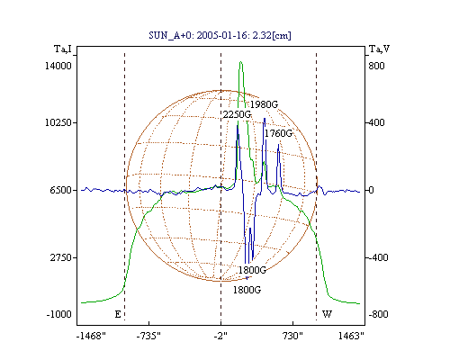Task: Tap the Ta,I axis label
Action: (63, 49)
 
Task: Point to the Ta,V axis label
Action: (379, 49)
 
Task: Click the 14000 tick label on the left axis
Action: (58, 66)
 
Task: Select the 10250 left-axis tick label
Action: (58, 122)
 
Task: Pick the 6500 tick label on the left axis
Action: (60, 190)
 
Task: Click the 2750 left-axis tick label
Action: (60, 257)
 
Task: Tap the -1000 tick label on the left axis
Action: (58, 314)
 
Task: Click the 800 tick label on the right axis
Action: (376, 66)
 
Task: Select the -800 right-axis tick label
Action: (378, 314)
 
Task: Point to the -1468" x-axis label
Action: (91, 336)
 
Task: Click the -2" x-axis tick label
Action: (220, 336)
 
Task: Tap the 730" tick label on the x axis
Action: (292, 336)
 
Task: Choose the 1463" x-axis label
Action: (351, 336)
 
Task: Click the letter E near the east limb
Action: (118, 314)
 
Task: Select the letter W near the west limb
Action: (327, 314)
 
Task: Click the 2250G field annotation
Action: (237, 114)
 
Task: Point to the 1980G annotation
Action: (264, 104)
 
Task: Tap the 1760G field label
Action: (278, 133)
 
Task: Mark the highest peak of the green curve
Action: (241, 62)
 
